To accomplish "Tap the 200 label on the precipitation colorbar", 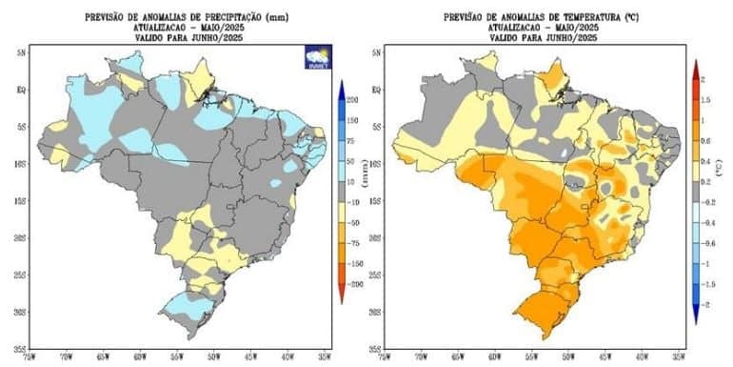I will (x=351, y=100).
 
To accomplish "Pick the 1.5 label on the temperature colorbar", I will (x=705, y=99).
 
